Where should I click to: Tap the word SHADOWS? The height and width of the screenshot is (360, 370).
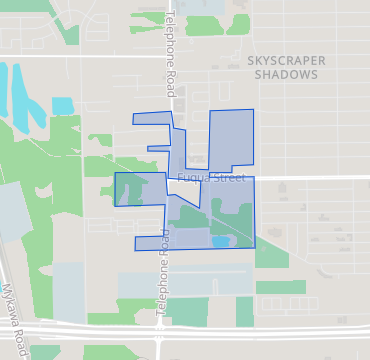pos(286,75)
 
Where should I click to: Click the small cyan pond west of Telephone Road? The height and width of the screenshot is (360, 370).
pos(62,105)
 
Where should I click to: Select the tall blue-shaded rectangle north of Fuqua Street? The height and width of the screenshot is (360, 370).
pos(231,140)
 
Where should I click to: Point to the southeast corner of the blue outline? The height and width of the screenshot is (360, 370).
pos(255,247)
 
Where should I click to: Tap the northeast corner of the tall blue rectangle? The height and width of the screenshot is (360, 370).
pos(253,109)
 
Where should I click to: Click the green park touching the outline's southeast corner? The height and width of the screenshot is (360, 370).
pos(272,255)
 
